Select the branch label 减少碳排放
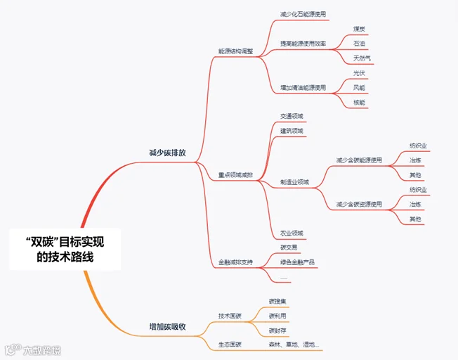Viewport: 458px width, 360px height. pos(167,153)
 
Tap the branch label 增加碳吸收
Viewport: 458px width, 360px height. pos(167,327)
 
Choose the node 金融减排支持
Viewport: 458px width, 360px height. pos(235,262)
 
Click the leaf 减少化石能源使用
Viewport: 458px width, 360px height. pos(303,14)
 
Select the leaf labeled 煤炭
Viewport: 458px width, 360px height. pos(359,29)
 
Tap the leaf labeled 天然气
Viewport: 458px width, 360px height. pos(362,58)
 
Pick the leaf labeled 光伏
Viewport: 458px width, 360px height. pos(359,73)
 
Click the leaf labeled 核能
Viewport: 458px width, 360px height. pos(359,103)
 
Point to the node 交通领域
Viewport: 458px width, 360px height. pos(292,116)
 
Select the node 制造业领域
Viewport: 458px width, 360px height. pos(294,182)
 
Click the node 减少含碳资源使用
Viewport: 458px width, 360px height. pos(359,205)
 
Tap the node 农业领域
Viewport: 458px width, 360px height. pos(292,233)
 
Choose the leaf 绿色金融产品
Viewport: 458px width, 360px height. pos(297,262)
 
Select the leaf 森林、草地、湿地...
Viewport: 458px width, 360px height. pos(294,345)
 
